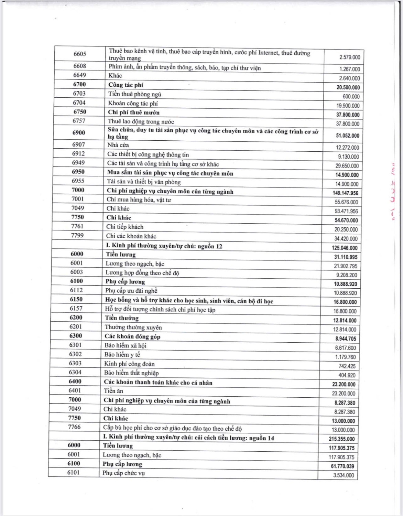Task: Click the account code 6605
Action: [80, 54]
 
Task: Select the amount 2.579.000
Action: [349, 57]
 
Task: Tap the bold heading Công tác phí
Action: [126, 85]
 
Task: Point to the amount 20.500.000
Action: [348, 87]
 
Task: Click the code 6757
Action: [79, 121]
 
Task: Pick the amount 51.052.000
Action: [347, 136]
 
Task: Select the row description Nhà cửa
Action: [118, 145]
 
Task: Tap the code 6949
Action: [78, 163]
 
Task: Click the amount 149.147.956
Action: [345, 193]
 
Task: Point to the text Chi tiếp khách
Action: [124, 227]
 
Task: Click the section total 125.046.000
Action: [345, 248]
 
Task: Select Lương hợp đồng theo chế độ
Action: [142, 273]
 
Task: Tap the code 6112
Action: [76, 290]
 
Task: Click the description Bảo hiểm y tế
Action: [122, 355]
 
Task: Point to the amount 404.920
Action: [347, 375]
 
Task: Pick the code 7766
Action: [74, 427]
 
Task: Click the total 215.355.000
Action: [341, 439]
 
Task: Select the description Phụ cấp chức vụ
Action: [123, 473]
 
